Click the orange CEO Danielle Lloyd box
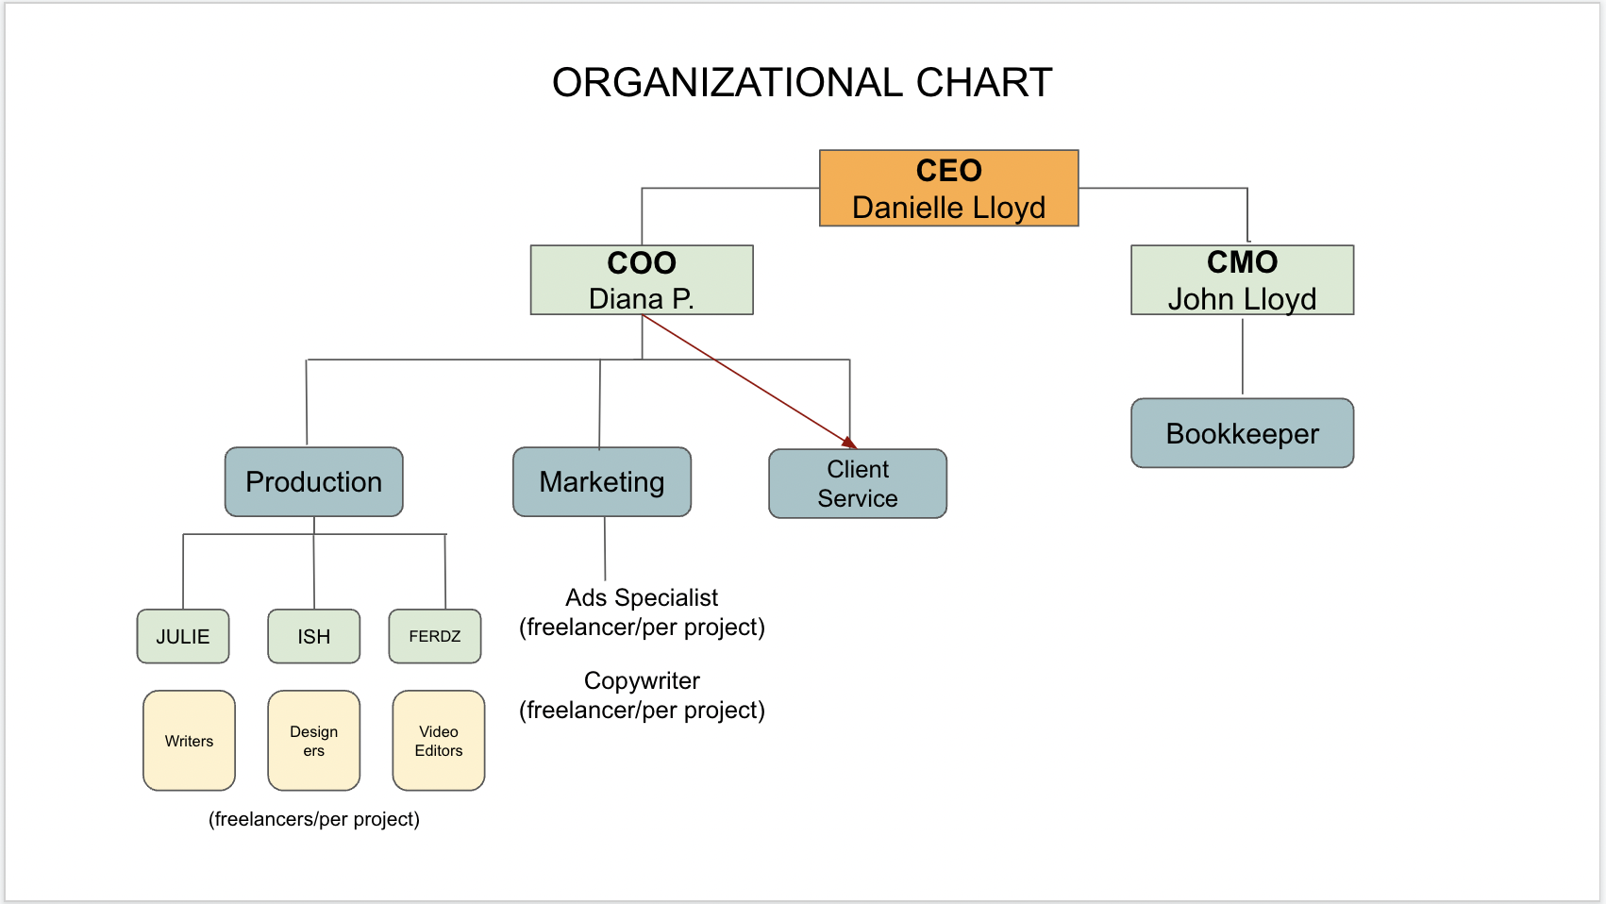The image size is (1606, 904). [x=948, y=189]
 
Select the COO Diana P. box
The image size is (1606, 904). [x=642, y=280]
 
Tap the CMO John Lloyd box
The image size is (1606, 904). [x=1242, y=280]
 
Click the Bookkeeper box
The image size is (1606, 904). [x=1242, y=433]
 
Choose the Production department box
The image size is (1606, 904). [x=313, y=482]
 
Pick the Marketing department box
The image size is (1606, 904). [x=602, y=482]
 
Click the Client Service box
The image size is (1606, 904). [x=857, y=484]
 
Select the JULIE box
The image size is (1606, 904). [x=183, y=637]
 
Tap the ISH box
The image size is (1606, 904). [x=314, y=637]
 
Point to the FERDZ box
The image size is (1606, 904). [x=435, y=637]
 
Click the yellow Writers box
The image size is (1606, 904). [x=189, y=741]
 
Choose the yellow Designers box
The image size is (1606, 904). [x=314, y=741]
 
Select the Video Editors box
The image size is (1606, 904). [x=439, y=741]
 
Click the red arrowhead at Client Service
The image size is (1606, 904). [x=849, y=443]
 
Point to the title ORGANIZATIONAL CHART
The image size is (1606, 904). [x=802, y=83]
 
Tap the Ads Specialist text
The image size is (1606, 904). [x=642, y=597]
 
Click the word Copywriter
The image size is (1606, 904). [x=642, y=680]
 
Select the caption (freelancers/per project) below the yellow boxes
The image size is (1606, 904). [x=314, y=819]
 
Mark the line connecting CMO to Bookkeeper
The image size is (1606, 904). [x=1243, y=357]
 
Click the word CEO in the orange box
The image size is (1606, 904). [x=948, y=171]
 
